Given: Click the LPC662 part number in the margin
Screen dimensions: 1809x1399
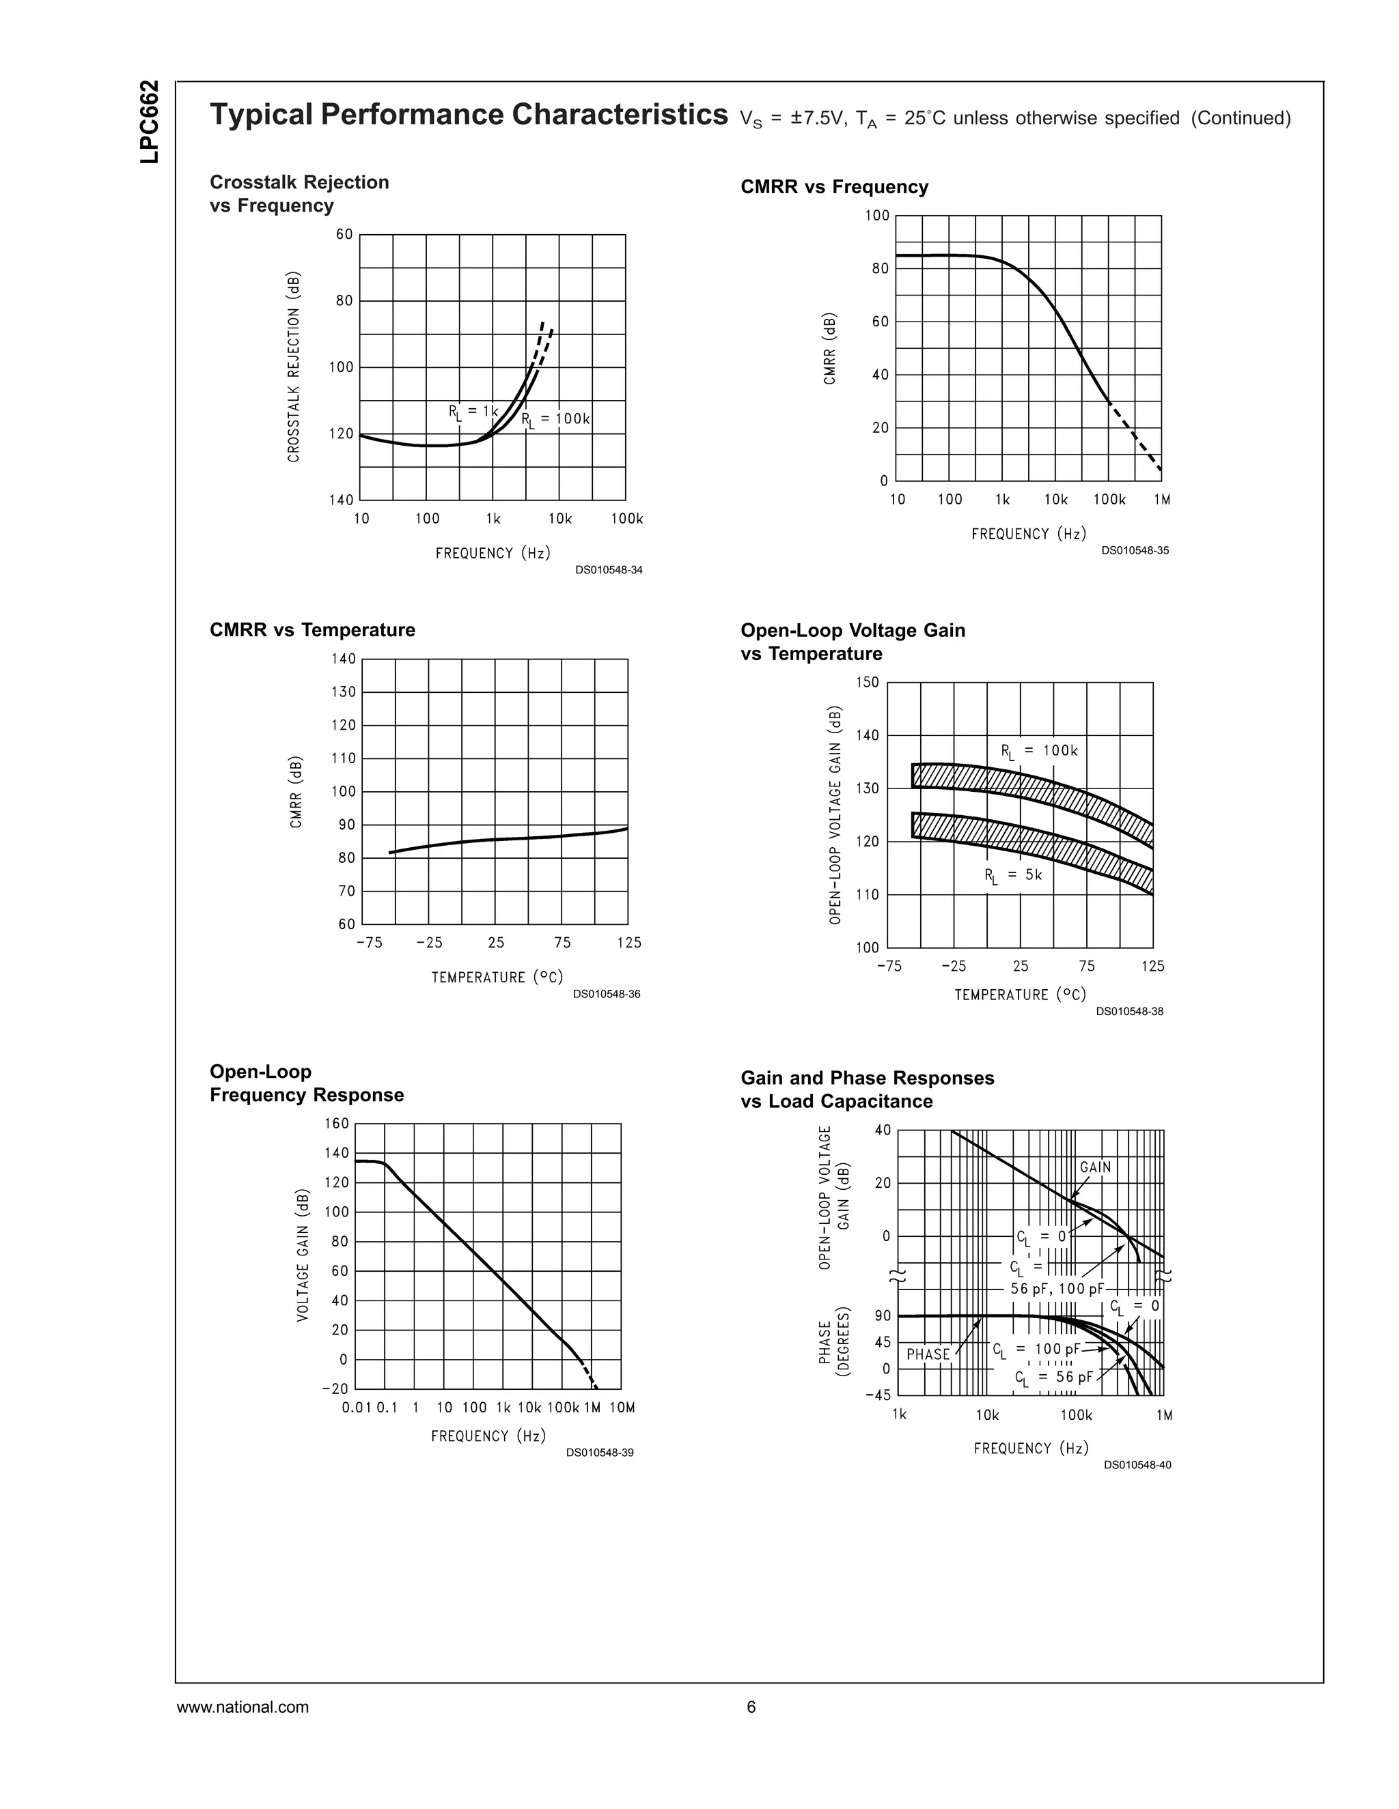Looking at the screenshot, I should pos(150,122).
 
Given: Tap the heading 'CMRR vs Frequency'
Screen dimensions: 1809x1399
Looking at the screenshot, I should pos(834,187).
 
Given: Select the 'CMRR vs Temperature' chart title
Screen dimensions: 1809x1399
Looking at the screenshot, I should pos(312,629).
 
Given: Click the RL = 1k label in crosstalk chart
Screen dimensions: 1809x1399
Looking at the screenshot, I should pos(473,412).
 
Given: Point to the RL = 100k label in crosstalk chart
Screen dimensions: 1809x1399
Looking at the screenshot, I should pos(556,419).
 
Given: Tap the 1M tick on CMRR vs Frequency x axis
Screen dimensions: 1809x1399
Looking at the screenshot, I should pos(1161,500).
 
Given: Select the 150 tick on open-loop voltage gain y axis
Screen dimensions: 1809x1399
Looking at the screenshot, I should pos(867,683).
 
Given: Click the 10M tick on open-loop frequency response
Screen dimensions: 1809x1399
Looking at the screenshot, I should pos(622,1408).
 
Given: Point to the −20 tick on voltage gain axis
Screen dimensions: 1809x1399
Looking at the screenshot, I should pos(335,1388).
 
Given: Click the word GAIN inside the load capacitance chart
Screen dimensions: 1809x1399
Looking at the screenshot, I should pos(1095,1167).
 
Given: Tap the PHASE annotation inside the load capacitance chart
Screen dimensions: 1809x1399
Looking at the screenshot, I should pos(928,1354).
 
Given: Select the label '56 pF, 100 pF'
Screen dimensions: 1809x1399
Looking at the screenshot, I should pos(1057,1289).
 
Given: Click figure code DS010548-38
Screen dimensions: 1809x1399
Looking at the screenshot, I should pos(1128,1012).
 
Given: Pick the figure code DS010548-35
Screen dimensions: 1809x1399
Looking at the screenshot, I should pos(1135,551).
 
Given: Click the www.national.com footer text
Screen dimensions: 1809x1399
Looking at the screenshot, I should pos(243,1707).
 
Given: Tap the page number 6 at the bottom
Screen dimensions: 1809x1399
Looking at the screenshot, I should pos(751,1707).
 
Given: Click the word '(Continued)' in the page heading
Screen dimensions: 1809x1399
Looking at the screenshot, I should pos(1241,119).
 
